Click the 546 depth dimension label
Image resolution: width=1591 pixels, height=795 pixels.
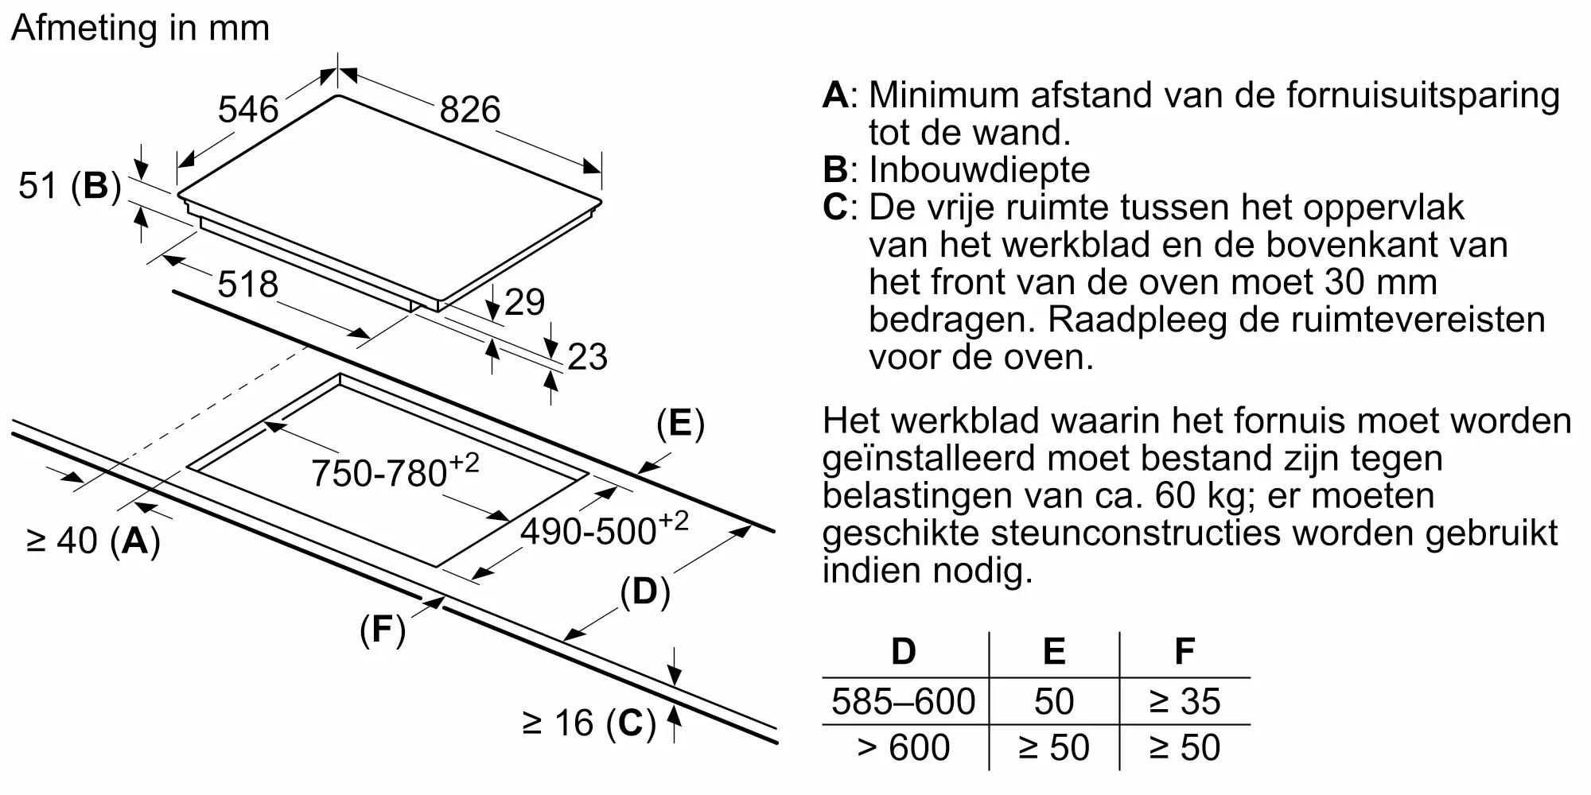coord(248,110)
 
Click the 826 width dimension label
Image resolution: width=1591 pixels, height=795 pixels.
coord(470,110)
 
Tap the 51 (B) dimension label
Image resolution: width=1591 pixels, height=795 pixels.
coord(70,186)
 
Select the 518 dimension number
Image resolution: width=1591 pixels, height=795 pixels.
coord(248,285)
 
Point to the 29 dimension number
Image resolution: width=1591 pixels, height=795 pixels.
coord(525,302)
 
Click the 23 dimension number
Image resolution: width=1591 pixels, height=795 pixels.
coord(588,357)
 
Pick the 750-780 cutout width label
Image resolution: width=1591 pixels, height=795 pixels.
coord(395,471)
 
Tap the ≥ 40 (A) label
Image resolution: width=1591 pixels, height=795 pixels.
coord(94,541)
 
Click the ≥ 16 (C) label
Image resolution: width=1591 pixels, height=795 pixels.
coord(589,723)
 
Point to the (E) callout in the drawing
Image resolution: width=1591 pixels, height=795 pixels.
coord(680,424)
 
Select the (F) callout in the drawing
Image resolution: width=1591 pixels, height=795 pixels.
coord(383,630)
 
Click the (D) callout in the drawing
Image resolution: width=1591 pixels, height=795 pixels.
coord(645,591)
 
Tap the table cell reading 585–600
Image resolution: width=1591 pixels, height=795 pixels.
coord(904,701)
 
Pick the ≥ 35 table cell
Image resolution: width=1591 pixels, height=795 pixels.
coord(1184,701)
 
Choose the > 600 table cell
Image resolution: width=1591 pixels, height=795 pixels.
coord(904,747)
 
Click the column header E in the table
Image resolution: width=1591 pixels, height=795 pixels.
coord(1054,652)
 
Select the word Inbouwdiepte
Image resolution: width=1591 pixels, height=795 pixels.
coord(979,169)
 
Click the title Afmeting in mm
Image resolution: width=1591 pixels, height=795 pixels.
coord(141,29)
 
